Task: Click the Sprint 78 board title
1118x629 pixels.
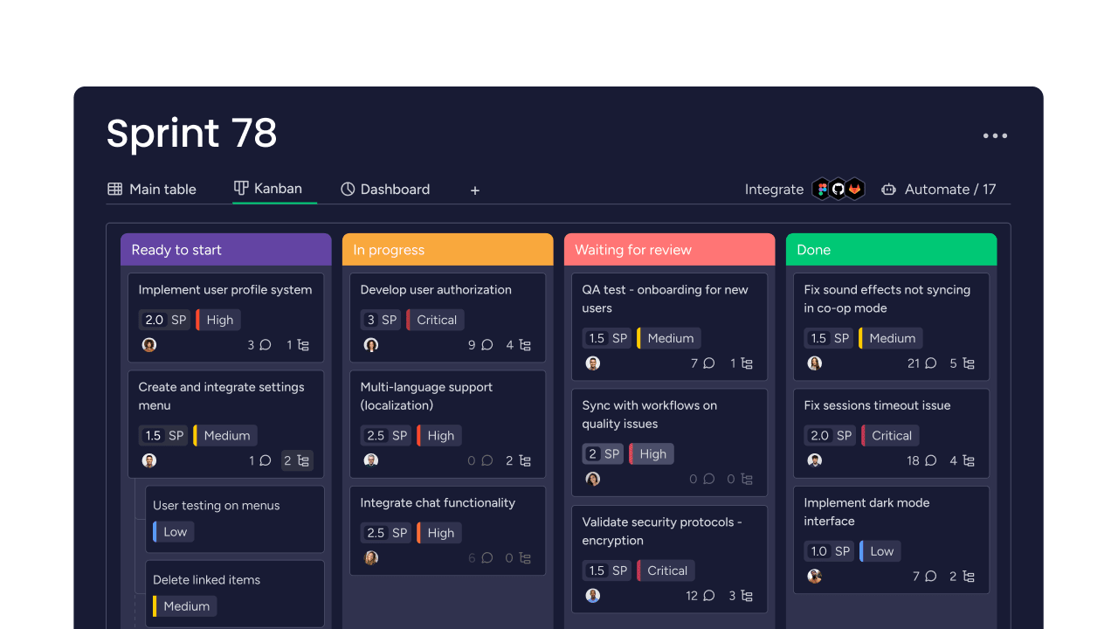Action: [191, 134]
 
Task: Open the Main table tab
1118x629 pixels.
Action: [152, 190]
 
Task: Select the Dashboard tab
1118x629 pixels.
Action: [385, 190]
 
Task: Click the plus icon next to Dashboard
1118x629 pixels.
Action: [475, 190]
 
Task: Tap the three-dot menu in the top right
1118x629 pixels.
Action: [995, 135]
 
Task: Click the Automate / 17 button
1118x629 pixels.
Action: [938, 190]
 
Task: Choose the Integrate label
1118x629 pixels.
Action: [774, 190]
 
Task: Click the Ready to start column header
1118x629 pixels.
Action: [225, 250]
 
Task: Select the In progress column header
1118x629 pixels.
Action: [447, 250]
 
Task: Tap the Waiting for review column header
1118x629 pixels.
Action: [669, 250]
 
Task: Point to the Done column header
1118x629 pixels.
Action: [891, 250]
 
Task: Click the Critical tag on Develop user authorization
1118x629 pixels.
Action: [436, 320]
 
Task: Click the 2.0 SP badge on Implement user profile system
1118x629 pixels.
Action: [164, 320]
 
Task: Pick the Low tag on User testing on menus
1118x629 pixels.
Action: [174, 532]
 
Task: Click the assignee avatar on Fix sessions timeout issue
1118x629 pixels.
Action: [815, 460]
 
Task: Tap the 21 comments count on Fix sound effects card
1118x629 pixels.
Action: [921, 363]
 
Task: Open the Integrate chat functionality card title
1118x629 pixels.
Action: [438, 503]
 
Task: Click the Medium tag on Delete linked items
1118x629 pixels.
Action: [185, 606]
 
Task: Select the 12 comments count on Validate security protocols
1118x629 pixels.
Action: [700, 596]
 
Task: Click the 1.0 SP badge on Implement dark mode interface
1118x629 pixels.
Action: [829, 551]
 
